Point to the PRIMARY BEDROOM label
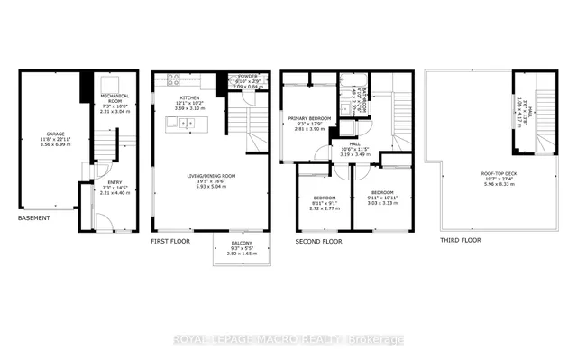pos(309,118)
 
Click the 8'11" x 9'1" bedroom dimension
pos(324,203)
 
